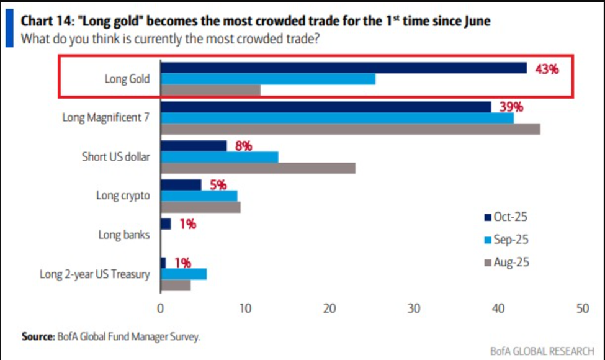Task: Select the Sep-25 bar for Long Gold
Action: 267,79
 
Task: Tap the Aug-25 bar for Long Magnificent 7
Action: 350,129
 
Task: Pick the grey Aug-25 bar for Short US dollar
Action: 258,168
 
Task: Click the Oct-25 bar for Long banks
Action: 166,224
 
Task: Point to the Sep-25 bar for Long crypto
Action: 199,196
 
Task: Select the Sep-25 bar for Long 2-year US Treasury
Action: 183,274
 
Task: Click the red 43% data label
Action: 547,70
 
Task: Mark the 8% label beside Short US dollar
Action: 243,146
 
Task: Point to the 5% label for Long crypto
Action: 218,185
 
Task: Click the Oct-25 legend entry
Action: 506,217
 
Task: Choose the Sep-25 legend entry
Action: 506,240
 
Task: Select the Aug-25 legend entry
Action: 506,263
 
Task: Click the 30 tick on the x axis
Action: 414,308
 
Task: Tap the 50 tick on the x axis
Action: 582,308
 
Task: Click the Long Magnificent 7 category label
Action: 106,117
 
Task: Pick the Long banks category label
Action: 124,235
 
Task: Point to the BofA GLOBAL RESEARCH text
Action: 540,351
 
